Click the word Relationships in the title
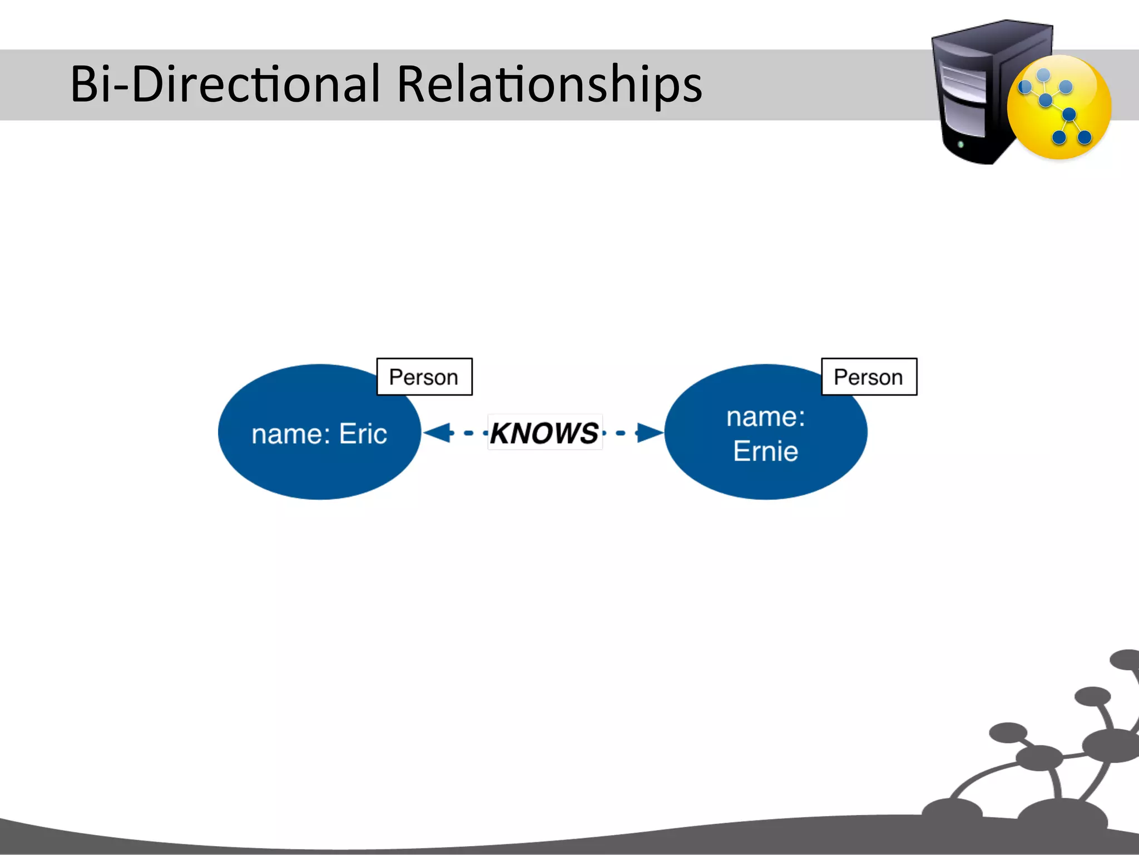coord(549,85)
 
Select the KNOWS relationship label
coord(544,433)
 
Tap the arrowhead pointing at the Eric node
coord(437,433)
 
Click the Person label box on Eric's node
coord(424,377)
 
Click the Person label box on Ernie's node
coord(869,377)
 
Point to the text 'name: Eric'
coord(319,434)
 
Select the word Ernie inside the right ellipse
coord(765,451)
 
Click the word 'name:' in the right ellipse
coord(765,417)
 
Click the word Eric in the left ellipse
coord(363,434)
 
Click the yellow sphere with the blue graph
coord(1059,107)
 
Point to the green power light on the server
coord(960,145)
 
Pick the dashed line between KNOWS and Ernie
coord(621,433)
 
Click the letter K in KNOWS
coord(502,433)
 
